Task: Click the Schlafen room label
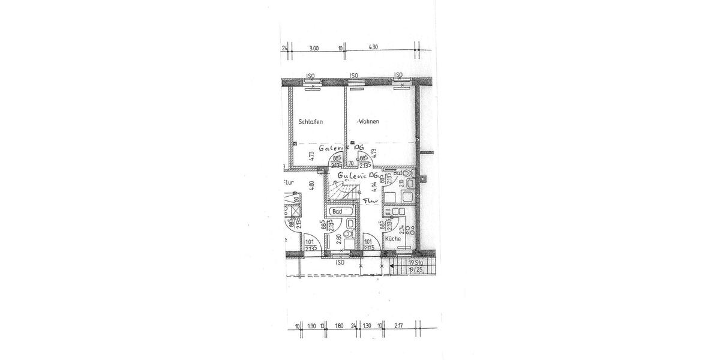[311, 122]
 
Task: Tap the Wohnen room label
[369, 122]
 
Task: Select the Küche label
[393, 239]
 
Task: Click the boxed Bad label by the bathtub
[337, 211]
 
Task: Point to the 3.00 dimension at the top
[313, 48]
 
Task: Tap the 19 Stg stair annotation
[415, 263]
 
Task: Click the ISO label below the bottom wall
[340, 262]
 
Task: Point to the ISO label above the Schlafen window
[310, 76]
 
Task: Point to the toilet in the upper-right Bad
[408, 175]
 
